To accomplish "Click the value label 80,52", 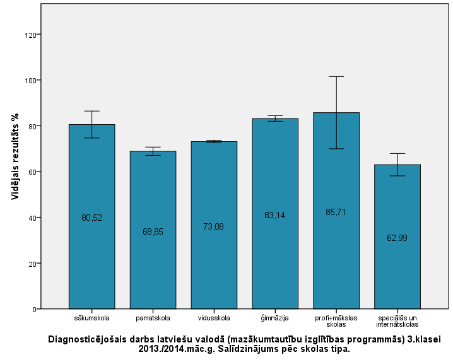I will tap(91, 218).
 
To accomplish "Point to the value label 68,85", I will tap(153, 231).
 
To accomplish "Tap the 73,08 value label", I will tap(214, 226).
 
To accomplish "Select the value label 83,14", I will tap(275, 215).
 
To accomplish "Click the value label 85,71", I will tap(336, 212).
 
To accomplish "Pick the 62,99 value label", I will tap(397, 238).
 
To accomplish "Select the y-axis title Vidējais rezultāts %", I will tap(15, 156).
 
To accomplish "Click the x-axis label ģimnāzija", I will tap(275, 318).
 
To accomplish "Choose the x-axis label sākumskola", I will tap(91, 318).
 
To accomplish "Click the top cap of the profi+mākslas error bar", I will tap(336, 76).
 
